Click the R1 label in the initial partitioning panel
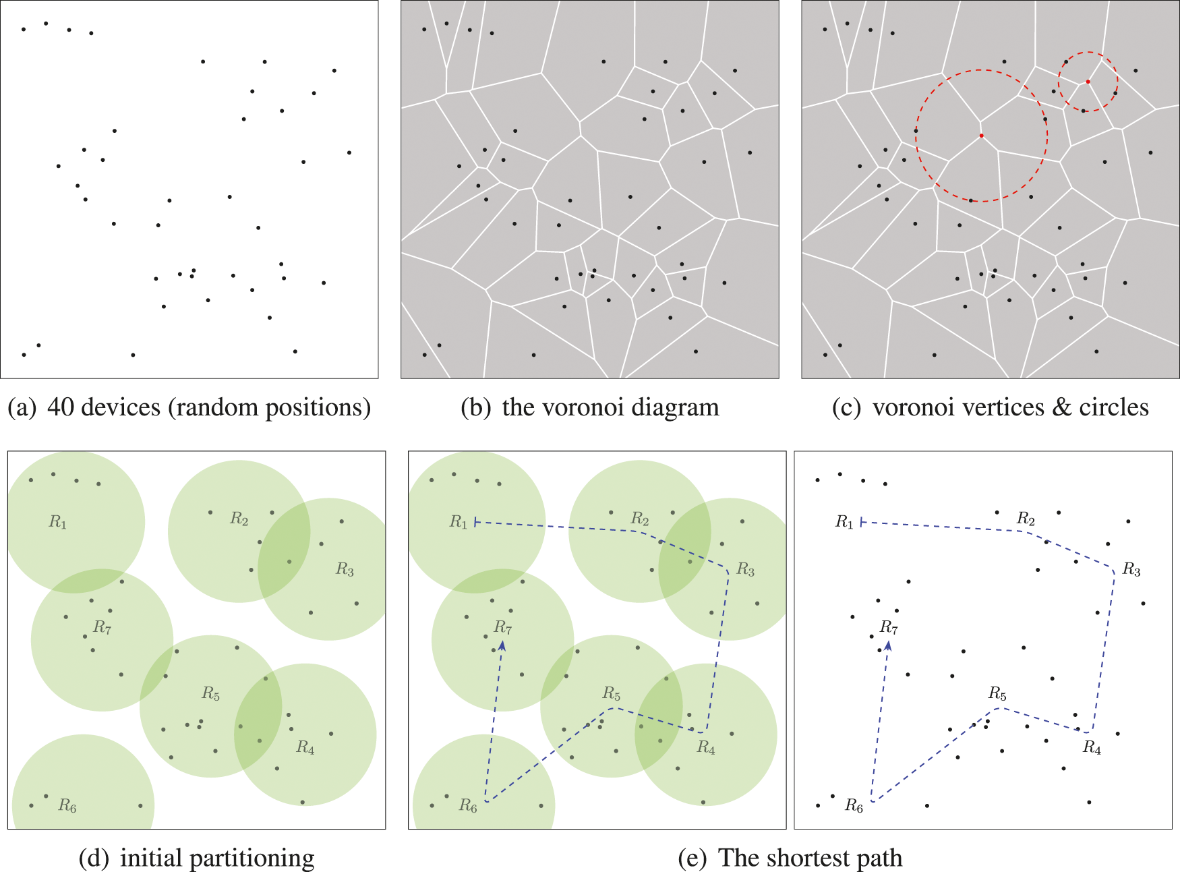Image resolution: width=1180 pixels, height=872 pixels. tap(58, 522)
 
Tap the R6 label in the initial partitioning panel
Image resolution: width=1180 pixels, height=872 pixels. tap(67, 805)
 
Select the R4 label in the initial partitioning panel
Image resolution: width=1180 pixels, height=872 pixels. tap(305, 747)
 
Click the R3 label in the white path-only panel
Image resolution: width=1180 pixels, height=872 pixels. tap(1131, 571)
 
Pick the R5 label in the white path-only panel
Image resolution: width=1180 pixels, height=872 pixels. tap(997, 694)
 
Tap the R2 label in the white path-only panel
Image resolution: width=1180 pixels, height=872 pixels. tap(1026, 519)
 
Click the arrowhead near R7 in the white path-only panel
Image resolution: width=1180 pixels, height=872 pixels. tap(889, 645)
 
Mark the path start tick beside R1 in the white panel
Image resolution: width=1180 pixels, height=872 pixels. tap(862, 522)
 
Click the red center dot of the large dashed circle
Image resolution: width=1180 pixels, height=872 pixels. tap(981, 136)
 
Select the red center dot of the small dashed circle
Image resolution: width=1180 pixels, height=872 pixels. tap(1088, 82)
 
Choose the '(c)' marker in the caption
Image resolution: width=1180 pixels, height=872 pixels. tap(846, 407)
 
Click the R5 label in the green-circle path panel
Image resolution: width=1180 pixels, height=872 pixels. tap(612, 694)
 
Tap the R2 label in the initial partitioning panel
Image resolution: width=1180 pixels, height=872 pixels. tap(239, 519)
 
